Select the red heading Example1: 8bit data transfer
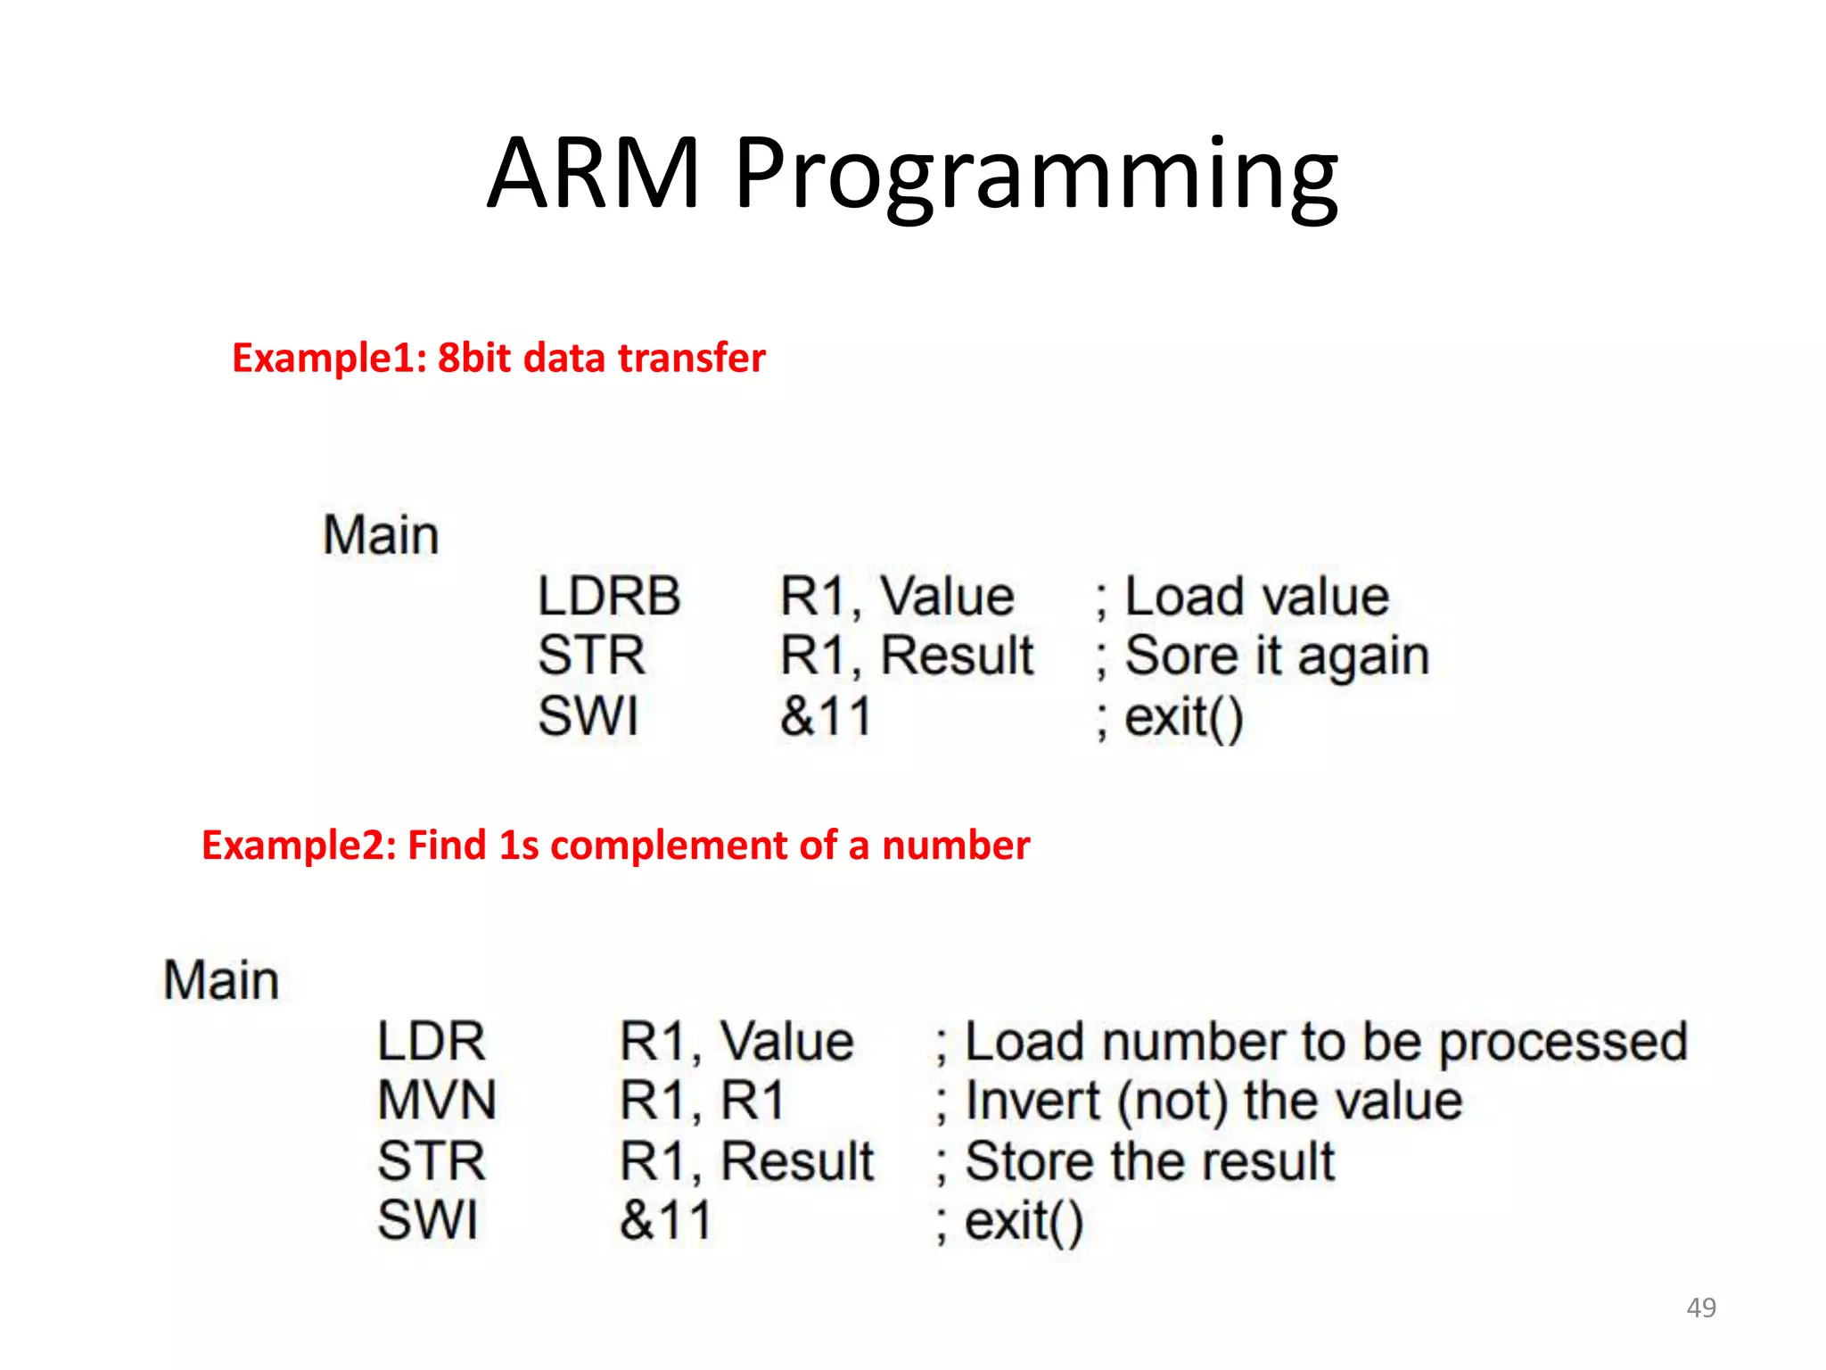tap(498, 358)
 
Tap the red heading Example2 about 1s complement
tap(615, 845)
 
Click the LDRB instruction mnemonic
tap(609, 596)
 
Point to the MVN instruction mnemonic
tap(436, 1101)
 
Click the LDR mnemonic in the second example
tap(431, 1041)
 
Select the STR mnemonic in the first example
tap(591, 656)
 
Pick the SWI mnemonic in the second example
tap(427, 1220)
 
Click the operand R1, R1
tap(702, 1101)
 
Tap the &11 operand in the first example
tap(826, 716)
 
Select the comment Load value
tap(1243, 596)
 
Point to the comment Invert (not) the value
tap(1200, 1101)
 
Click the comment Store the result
tap(1136, 1161)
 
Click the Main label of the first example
tap(381, 535)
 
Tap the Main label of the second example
tap(221, 980)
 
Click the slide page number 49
tap(1701, 1308)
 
